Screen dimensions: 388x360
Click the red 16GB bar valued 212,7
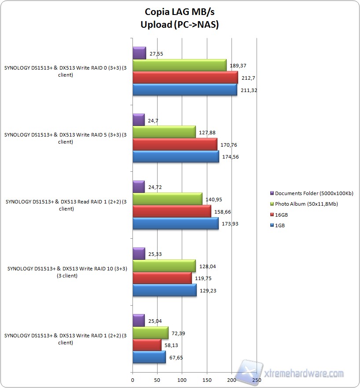pos(185,78)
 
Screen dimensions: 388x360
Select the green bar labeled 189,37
pos(179,66)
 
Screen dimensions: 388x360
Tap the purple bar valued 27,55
pos(139,53)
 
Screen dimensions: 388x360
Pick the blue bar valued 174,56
pos(176,157)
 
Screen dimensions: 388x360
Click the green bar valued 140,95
pos(167,199)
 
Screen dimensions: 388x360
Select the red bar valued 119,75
pos(162,278)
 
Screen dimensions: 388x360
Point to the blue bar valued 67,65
pos(149,357)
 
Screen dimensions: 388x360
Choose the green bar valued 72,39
pos(150,333)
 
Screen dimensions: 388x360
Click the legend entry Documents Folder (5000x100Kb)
pos(314,193)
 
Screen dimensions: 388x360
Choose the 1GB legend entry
pos(279,225)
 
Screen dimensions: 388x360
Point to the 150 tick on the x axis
pos(207,379)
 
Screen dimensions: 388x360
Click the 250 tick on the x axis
pos(257,379)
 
